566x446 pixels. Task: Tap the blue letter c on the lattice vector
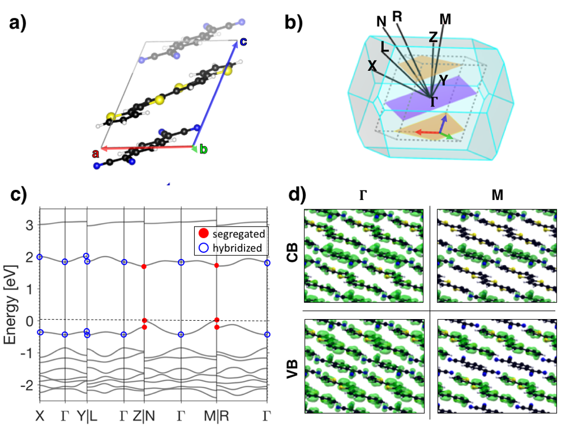click(x=243, y=41)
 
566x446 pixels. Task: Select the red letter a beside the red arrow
click(x=96, y=153)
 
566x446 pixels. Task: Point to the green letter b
click(x=204, y=150)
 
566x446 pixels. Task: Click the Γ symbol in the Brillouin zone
click(x=434, y=102)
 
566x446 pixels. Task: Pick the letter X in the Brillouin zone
click(x=372, y=66)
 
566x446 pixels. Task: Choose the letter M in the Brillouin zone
click(x=445, y=19)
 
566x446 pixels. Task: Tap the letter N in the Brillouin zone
click(x=382, y=22)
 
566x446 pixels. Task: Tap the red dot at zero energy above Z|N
click(x=144, y=321)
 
